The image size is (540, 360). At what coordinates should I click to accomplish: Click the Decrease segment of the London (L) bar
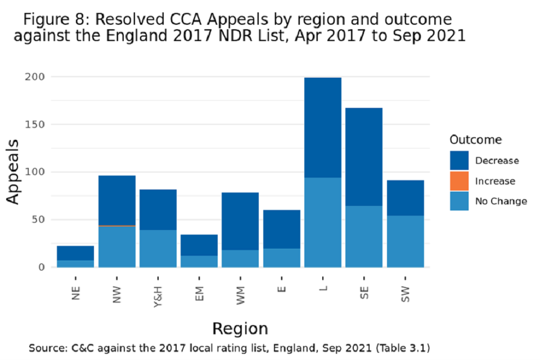pos(323,127)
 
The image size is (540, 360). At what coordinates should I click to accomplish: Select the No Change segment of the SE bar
pos(364,236)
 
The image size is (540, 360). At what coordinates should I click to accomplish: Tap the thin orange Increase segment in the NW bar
pos(117,226)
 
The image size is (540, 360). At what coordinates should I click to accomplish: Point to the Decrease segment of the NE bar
pos(75,253)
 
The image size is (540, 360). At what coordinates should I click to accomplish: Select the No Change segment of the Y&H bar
pos(158,249)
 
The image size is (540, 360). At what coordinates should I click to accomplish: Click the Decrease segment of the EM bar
pos(199,245)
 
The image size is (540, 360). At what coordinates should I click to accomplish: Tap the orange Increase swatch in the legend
pos(459,181)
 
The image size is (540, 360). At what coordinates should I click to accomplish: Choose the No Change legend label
pos(501,201)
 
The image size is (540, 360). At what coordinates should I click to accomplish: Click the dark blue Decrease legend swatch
pos(459,161)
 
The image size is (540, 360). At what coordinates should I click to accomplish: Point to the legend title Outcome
pos(475,140)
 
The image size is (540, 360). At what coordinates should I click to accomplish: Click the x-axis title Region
pos(240,328)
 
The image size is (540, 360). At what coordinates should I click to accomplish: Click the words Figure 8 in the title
pos(55,20)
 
